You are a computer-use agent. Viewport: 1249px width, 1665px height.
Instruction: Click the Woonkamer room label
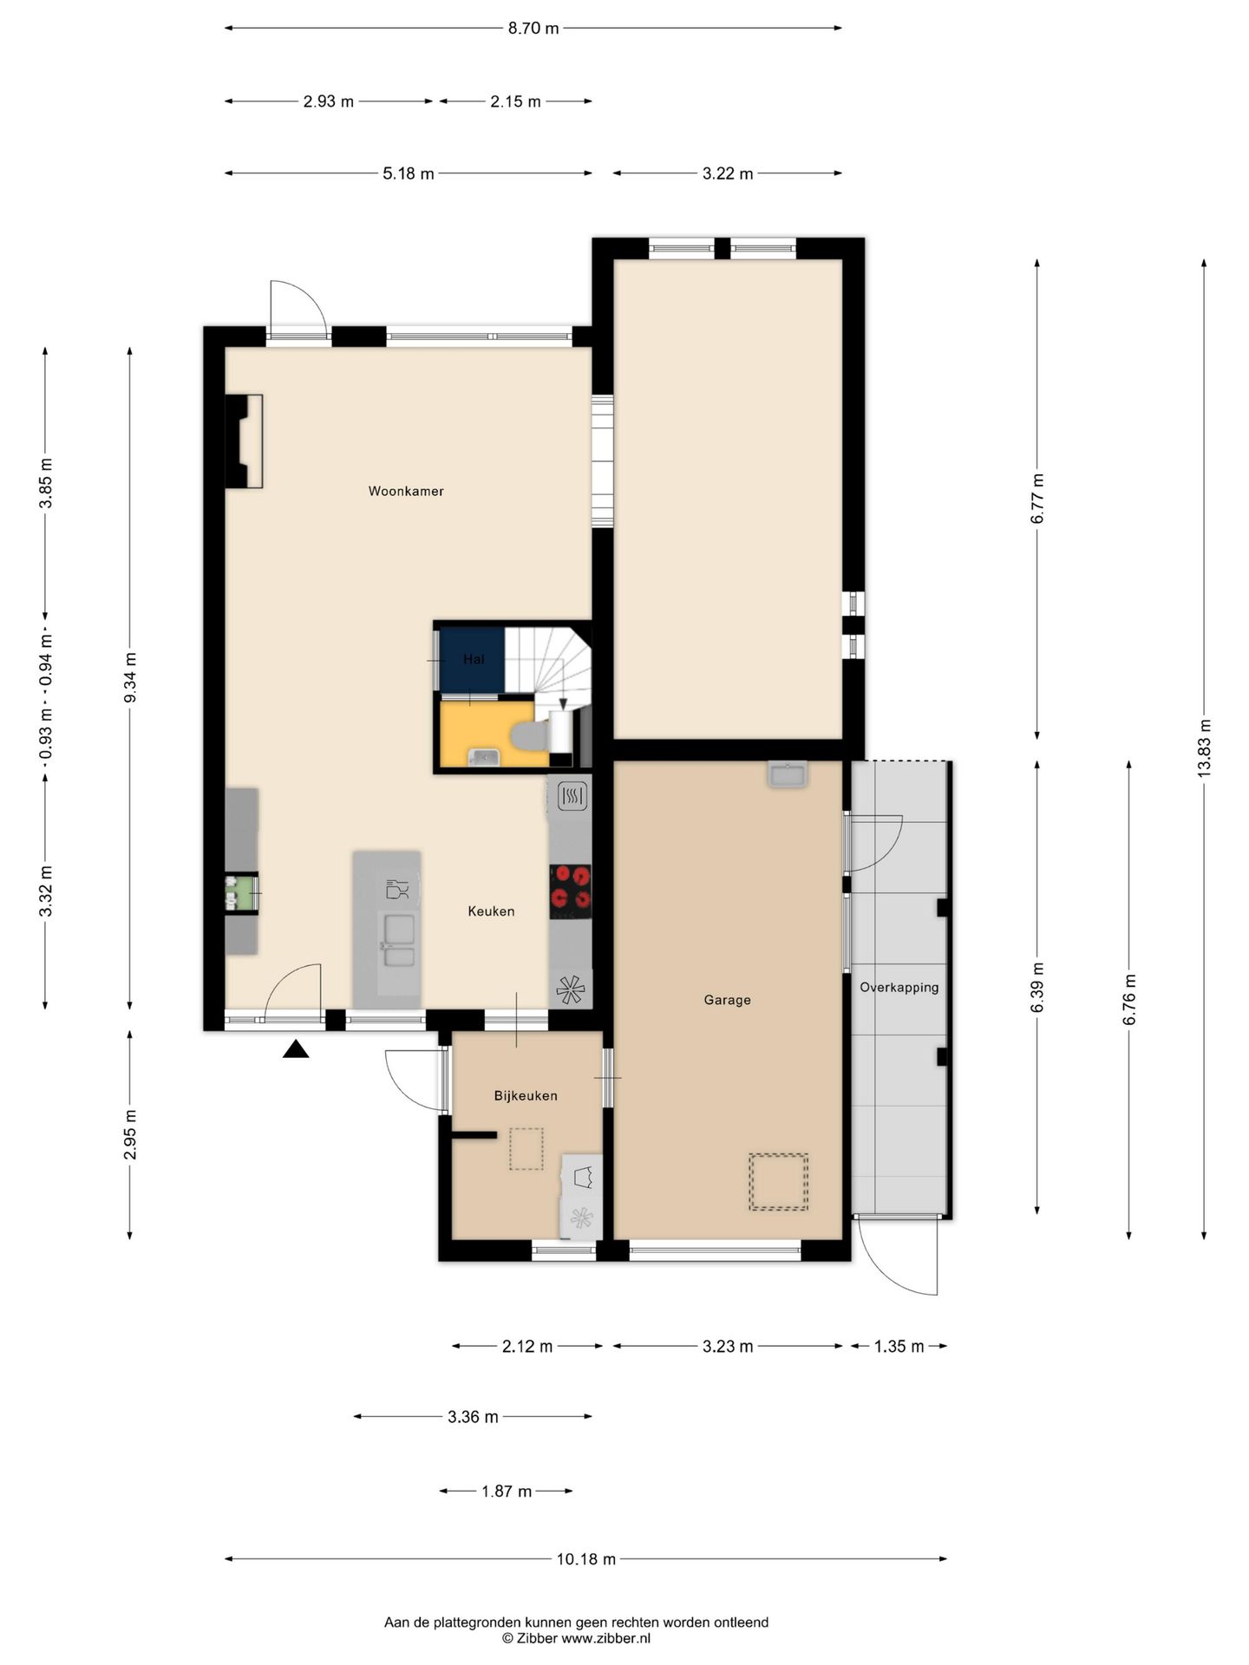[x=406, y=491]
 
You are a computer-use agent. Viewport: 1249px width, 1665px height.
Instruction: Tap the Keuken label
[x=491, y=911]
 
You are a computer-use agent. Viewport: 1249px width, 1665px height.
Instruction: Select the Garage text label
[x=727, y=1000]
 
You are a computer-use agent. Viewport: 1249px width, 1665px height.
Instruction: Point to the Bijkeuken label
[x=526, y=1095]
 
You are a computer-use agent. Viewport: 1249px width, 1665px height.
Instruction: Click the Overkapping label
[x=899, y=987]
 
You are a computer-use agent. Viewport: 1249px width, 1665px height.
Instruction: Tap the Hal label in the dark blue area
[x=474, y=659]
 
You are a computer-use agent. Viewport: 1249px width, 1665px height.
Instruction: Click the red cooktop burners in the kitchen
[x=571, y=891]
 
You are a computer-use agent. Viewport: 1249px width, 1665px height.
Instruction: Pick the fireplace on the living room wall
[x=244, y=441]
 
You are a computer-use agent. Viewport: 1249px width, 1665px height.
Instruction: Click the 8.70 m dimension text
[x=533, y=28]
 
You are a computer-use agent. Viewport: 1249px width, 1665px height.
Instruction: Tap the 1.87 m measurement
[x=507, y=1492]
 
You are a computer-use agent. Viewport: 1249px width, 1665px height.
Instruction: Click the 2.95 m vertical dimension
[x=130, y=1134]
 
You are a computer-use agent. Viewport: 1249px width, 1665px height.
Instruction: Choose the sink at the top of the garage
[x=788, y=774]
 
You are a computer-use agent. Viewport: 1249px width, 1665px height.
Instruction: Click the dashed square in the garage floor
[x=779, y=1181]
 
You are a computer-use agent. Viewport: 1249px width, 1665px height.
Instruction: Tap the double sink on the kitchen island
[x=399, y=941]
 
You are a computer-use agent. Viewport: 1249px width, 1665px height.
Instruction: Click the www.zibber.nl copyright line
[x=576, y=1638]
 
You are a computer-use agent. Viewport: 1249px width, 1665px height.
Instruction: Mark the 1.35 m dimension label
[x=899, y=1347]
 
